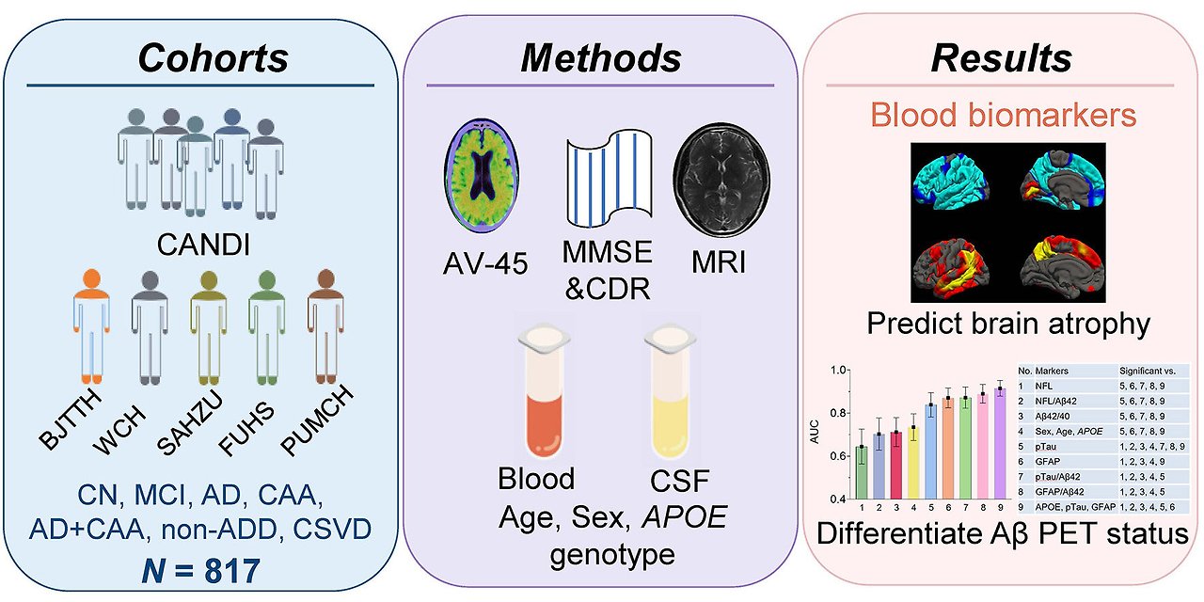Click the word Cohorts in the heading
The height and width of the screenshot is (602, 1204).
click(213, 58)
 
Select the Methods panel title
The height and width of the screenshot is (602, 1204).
click(600, 58)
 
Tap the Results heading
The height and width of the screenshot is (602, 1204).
click(1001, 58)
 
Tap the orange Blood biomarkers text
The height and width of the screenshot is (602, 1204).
click(1003, 116)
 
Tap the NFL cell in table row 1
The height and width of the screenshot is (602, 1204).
click(1043, 386)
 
